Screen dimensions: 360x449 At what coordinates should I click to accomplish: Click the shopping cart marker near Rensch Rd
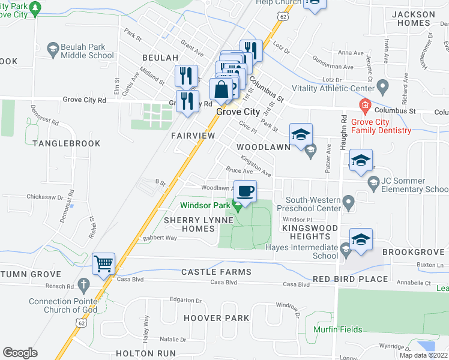[104, 263]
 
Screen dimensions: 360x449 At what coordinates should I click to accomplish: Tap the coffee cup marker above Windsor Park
[244, 191]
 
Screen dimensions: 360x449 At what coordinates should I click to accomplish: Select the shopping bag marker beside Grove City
[221, 89]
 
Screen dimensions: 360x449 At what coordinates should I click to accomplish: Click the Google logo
[20, 353]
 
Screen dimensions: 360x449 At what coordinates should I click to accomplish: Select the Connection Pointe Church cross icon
[83, 283]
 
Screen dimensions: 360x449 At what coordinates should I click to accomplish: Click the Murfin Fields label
[338, 329]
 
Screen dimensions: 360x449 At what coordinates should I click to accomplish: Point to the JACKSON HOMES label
[413, 19]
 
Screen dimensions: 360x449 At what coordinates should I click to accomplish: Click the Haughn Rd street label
[345, 133]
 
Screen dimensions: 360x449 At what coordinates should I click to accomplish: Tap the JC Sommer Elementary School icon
[373, 182]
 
